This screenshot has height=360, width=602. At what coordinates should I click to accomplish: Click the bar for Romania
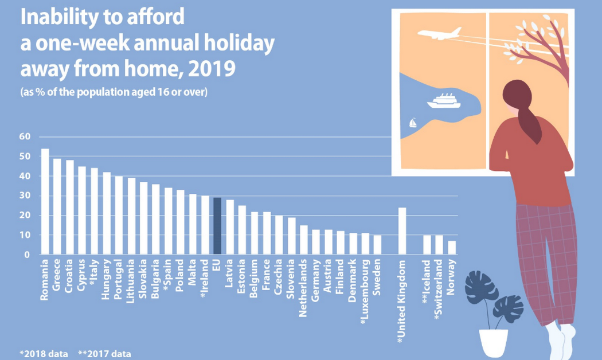(x=45, y=201)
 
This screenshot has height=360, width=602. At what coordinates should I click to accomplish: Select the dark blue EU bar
(x=217, y=226)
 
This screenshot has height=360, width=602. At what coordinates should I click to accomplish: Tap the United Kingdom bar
(x=402, y=230)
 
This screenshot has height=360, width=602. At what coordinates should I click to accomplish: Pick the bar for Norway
(x=452, y=247)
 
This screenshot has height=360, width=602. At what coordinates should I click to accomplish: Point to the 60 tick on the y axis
(x=24, y=136)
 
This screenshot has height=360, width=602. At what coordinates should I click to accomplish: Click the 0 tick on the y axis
(x=26, y=255)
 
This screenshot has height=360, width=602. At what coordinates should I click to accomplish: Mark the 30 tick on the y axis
(x=24, y=195)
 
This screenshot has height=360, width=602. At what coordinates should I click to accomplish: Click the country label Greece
(x=57, y=277)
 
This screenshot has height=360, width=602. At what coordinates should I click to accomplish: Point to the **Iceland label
(x=427, y=281)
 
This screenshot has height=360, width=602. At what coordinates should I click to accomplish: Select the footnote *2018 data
(x=44, y=354)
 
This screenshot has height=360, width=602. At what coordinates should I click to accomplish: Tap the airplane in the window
(x=440, y=34)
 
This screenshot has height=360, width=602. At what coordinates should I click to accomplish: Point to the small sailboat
(x=412, y=123)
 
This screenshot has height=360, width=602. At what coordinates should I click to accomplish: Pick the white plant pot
(x=494, y=343)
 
